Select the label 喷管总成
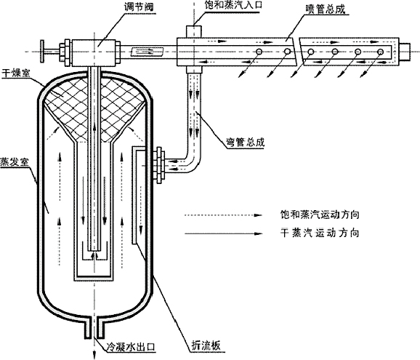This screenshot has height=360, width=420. coord(326,9)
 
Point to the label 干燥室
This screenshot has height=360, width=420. coord(15,73)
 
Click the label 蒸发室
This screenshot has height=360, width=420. coord(14,162)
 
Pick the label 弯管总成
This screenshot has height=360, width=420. coord(244,142)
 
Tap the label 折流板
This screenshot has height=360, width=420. coord(206,345)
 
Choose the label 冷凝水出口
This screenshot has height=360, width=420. coord(131,347)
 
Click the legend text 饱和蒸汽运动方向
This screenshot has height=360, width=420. coord(319,215)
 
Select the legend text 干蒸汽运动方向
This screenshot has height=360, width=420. coord(319,233)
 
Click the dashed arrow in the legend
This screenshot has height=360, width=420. coord(223,215)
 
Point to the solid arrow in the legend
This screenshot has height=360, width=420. coord(223,233)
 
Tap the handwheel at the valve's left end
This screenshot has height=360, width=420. coord(42,51)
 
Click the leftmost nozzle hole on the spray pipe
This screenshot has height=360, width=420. coord(259,51)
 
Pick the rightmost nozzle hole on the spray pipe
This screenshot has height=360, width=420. coord(380,52)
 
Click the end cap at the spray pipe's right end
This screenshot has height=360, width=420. coord(405,52)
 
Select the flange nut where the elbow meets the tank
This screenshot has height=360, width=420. coord(159,165)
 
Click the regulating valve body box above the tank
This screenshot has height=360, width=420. coord(94,52)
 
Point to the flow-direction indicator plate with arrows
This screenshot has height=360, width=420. coord(147,52)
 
